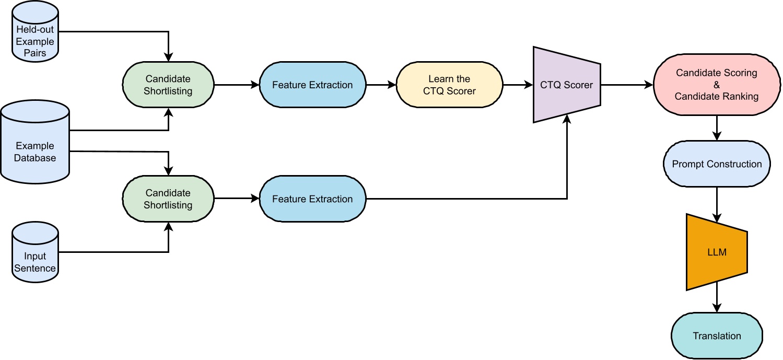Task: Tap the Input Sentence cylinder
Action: point(36,256)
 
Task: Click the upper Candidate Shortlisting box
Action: point(168,85)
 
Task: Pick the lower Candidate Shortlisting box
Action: point(168,199)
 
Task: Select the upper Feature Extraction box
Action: point(312,85)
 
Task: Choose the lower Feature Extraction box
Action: point(312,199)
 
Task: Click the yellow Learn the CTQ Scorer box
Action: point(449,85)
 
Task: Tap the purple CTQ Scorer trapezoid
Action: point(566,85)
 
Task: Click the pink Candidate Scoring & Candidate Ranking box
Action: point(716,85)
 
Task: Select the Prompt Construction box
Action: point(716,164)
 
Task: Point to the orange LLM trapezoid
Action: point(716,252)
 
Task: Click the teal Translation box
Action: point(716,336)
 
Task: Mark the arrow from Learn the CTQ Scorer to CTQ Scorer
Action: point(517,85)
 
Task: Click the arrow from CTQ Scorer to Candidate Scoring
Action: point(626,85)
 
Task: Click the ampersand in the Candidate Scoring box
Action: point(716,85)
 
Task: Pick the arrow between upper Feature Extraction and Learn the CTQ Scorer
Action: point(381,85)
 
